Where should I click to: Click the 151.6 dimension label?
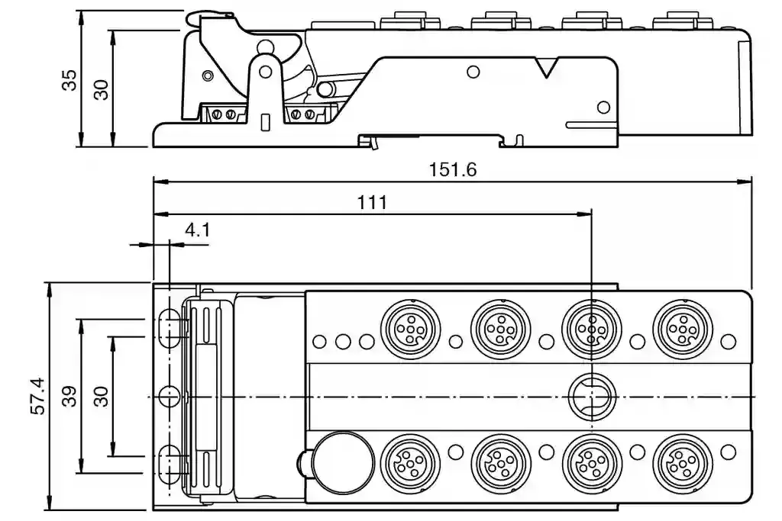pos(452,169)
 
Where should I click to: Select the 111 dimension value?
pos(372,202)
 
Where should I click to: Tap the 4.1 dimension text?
pos(198,230)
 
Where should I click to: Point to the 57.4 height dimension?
pos(38,396)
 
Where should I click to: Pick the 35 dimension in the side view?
pos(69,79)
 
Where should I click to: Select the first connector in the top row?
pos(410,328)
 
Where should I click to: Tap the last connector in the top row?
pos(682,328)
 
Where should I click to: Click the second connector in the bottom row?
pos(501,463)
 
